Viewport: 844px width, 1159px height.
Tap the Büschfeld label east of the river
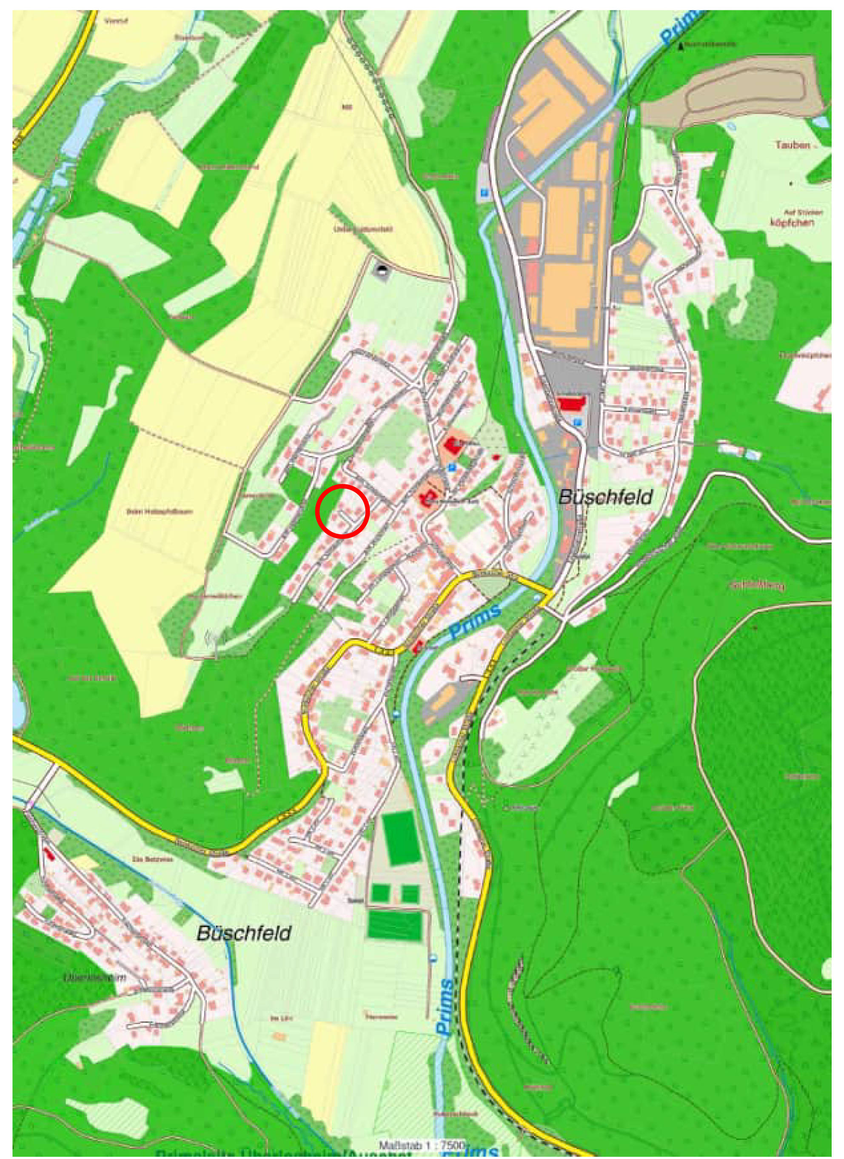pos(605,497)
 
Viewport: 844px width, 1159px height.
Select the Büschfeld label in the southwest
pos(244,934)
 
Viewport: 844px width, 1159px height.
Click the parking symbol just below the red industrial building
pos(578,422)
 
